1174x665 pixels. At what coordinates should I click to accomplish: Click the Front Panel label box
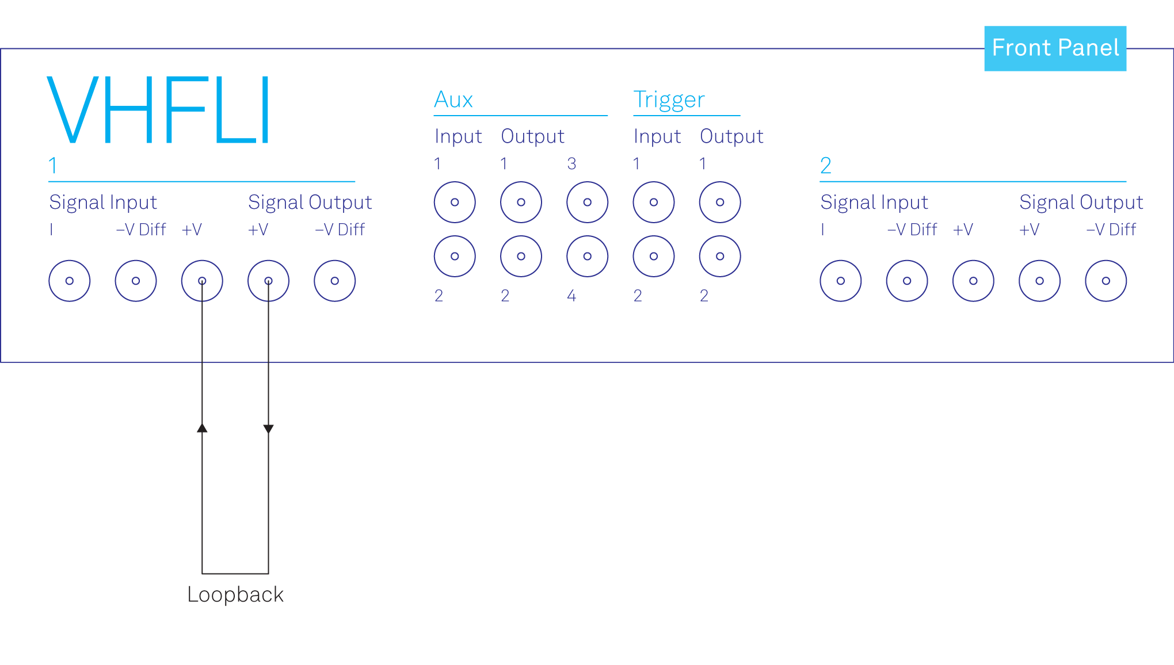coord(1055,48)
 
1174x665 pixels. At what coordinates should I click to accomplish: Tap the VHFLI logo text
coord(158,110)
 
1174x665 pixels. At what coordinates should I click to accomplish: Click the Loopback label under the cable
coord(235,594)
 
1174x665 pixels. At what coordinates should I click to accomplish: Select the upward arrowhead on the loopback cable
coord(202,427)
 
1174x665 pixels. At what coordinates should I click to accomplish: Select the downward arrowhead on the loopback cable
coord(268,429)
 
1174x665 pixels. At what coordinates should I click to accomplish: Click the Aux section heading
coord(453,100)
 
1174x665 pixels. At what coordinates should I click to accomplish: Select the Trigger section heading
coord(669,100)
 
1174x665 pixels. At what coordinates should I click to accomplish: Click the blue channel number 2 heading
coord(826,166)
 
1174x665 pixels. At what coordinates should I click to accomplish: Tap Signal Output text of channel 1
coord(310,202)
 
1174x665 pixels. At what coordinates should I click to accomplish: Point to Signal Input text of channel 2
coord(874,202)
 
